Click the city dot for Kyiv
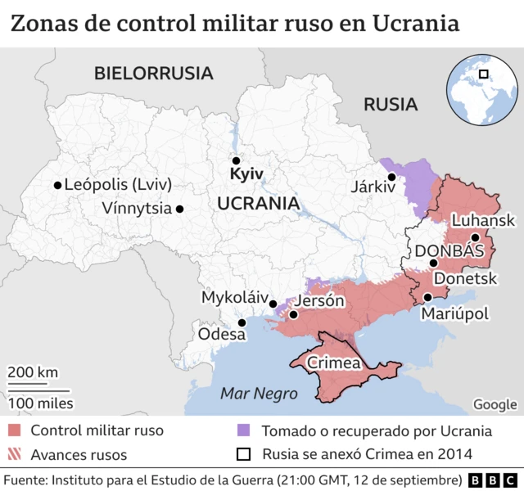click(x=236, y=160)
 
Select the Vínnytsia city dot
click(x=179, y=209)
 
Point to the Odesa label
click(x=221, y=334)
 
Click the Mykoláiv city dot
click(x=273, y=304)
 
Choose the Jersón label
click(x=318, y=300)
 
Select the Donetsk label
click(x=464, y=278)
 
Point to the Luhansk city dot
click(x=475, y=236)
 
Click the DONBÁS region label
click(x=450, y=251)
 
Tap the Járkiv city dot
click(x=392, y=177)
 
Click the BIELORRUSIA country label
click(x=153, y=73)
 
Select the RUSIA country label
click(x=391, y=104)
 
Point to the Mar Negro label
click(x=259, y=394)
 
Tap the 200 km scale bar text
click(x=33, y=372)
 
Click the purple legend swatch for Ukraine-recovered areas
click(x=243, y=430)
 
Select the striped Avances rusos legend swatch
click(x=15, y=454)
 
